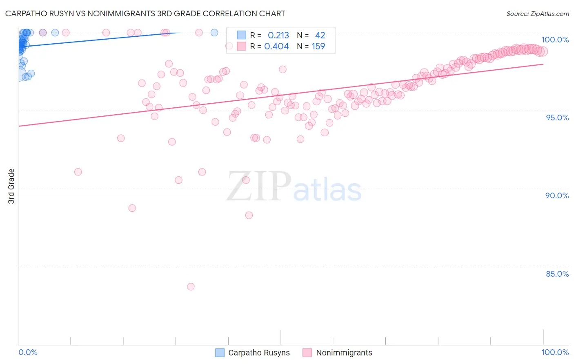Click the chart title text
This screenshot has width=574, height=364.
[x=145, y=13]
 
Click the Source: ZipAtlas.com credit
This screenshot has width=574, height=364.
[x=537, y=13]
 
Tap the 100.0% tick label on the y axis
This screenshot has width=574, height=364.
[x=555, y=40]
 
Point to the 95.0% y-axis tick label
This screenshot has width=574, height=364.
[x=557, y=118]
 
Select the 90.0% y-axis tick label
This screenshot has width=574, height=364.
[x=557, y=195]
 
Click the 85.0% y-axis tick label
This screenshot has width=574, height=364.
[x=557, y=274]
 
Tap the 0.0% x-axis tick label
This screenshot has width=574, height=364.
[x=28, y=352]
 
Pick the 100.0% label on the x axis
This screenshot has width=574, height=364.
[x=555, y=352]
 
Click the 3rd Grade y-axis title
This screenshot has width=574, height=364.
[x=11, y=186]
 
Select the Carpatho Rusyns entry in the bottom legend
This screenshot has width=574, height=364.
[x=259, y=353]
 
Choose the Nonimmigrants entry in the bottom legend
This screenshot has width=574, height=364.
[x=344, y=353]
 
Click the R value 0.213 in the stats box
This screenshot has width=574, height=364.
[x=278, y=35]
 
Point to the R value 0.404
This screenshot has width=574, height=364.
[x=276, y=46]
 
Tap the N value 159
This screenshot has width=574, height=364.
[x=318, y=46]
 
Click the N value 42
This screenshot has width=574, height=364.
[x=320, y=35]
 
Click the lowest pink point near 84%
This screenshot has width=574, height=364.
[x=191, y=286]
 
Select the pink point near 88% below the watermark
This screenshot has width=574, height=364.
[x=249, y=215]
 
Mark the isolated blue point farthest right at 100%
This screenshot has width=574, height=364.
[x=214, y=33]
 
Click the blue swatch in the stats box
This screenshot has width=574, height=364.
[x=242, y=35]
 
